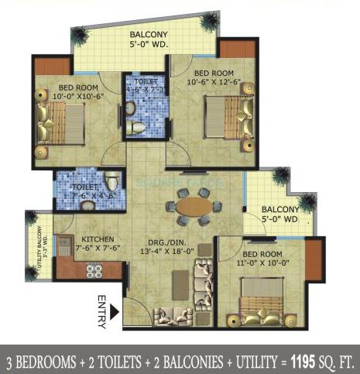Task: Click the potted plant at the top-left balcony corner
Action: click(79, 36)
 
